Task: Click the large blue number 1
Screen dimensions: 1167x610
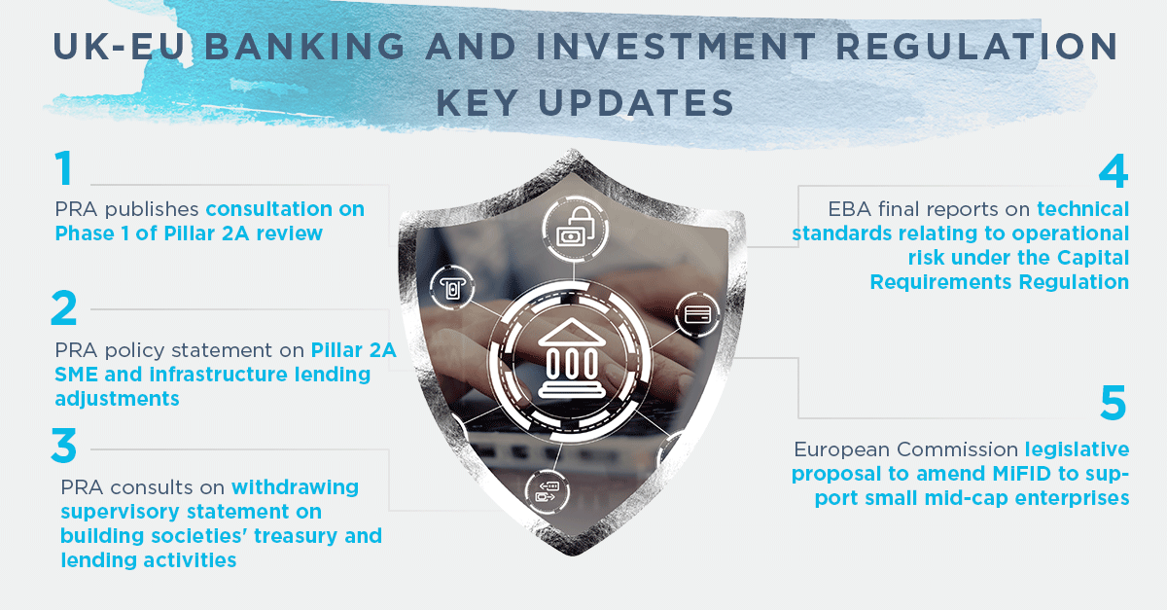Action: point(64,167)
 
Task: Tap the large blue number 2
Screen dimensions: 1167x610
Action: point(64,307)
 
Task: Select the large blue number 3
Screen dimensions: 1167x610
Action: point(64,446)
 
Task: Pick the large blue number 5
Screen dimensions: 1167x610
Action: point(1114,403)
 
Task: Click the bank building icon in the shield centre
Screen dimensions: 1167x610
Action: point(572,359)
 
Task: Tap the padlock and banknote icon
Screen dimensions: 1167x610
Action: point(575,229)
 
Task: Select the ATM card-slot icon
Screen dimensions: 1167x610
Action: point(452,287)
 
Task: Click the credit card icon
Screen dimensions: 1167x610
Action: point(697,314)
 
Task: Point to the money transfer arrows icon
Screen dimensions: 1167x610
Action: point(547,491)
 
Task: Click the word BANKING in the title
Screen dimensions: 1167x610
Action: point(304,47)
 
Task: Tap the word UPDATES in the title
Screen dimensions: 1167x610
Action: point(636,102)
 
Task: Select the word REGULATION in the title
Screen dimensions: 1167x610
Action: point(976,47)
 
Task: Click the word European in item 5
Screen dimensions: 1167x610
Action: point(841,449)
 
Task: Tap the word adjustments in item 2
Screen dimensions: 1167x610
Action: point(118,399)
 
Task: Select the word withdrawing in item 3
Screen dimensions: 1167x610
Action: point(296,487)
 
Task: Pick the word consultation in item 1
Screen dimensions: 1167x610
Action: point(269,209)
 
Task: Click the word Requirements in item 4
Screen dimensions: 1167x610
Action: point(941,282)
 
